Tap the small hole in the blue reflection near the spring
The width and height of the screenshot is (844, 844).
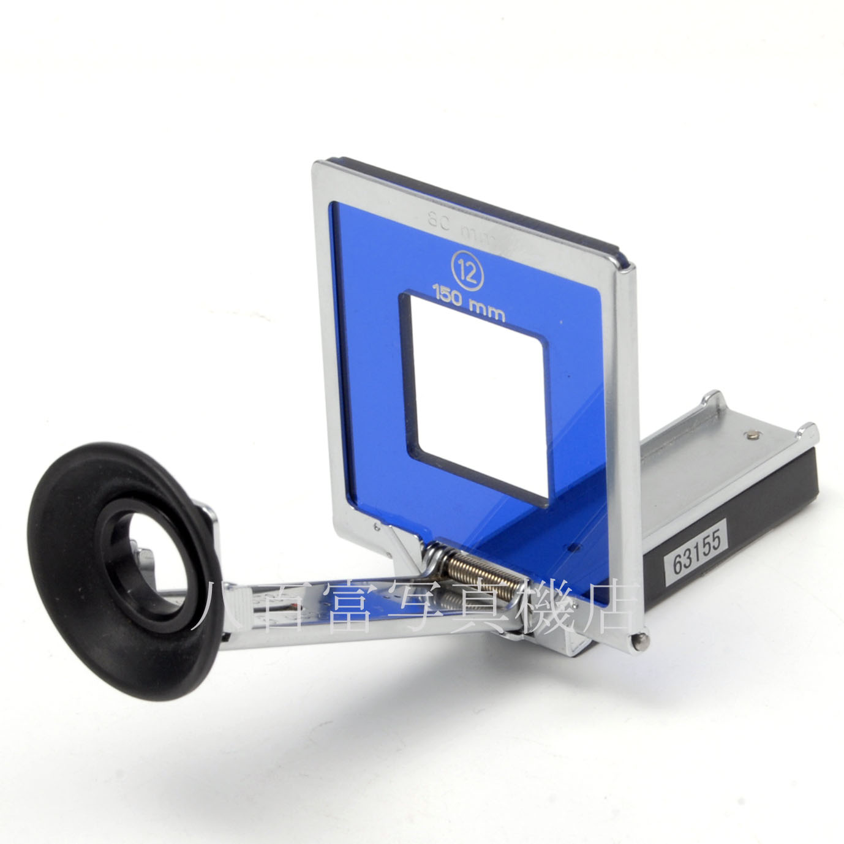click(x=574, y=544)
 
